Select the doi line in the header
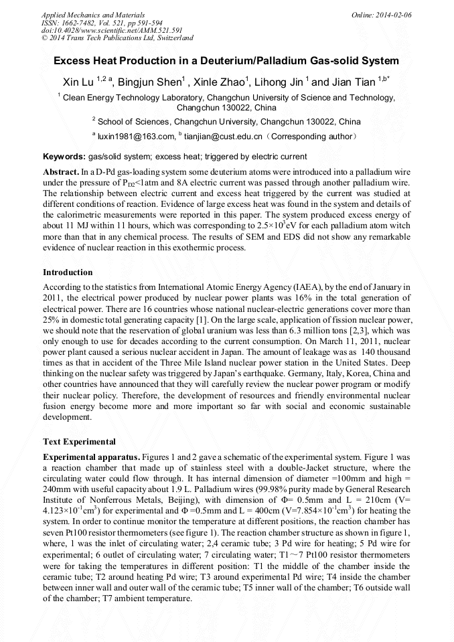(112, 30)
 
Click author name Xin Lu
(78, 83)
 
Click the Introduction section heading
(68, 272)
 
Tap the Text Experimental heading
(79, 442)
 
